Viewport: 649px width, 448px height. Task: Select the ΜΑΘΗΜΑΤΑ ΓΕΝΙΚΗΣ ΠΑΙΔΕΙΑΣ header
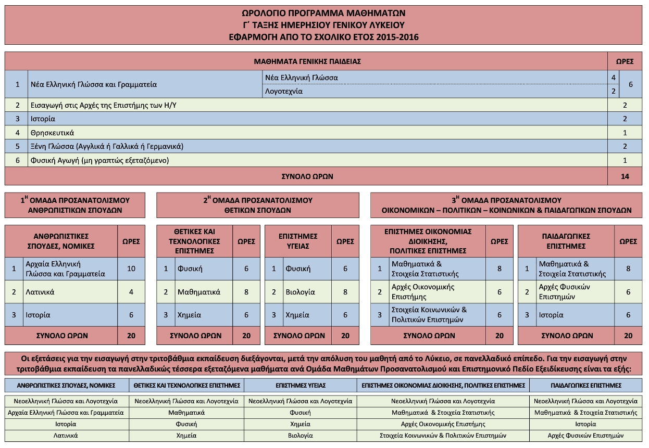(307, 61)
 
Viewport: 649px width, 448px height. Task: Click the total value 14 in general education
(625, 176)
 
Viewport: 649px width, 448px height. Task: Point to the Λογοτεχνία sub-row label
(284, 91)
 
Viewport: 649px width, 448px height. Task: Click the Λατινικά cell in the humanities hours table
(40, 292)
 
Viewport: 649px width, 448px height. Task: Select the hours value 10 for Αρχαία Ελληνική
(131, 268)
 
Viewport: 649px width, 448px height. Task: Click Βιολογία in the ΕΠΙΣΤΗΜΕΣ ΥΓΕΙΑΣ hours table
(300, 292)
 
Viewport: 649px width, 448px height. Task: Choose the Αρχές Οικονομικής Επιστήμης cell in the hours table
(423, 292)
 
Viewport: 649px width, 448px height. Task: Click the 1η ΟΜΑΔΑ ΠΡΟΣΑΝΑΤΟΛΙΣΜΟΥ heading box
(75, 205)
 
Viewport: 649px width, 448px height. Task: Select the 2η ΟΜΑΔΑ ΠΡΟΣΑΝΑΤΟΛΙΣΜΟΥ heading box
(257, 205)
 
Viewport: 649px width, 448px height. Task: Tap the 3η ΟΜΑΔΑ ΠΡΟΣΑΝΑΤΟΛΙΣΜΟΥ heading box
(506, 205)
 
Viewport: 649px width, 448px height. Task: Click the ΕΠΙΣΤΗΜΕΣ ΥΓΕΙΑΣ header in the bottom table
(300, 386)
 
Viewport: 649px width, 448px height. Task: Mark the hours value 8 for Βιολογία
(345, 292)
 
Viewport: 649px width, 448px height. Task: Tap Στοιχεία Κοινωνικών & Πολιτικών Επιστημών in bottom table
(443, 436)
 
